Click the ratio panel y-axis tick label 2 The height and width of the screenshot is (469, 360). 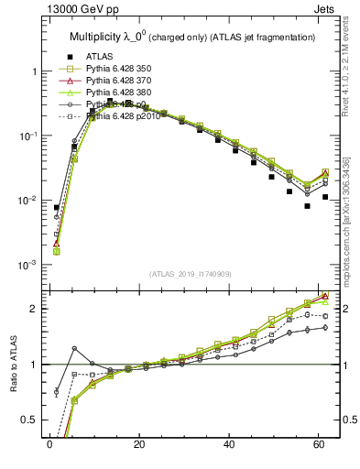31,309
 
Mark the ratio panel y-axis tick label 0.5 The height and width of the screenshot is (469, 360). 27,420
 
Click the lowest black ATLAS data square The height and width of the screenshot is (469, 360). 308,206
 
